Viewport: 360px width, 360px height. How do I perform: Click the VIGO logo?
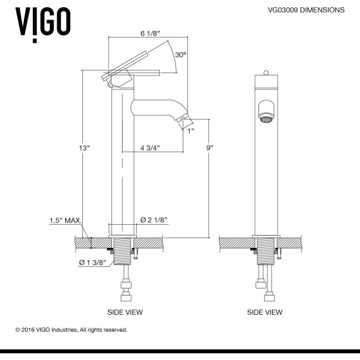pos(43,24)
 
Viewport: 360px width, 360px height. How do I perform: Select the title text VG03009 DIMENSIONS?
pos(306,10)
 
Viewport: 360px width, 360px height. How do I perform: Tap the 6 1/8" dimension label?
pos(150,33)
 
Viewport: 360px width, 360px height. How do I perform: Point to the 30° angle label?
pos(181,55)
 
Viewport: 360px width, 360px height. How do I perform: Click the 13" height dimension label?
pos(84,148)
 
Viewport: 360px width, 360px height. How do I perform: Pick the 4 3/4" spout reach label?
pos(150,148)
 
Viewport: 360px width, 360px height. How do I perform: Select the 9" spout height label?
pos(210,148)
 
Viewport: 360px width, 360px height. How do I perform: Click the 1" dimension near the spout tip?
pos(191,131)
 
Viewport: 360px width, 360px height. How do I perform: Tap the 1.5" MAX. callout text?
pos(66,221)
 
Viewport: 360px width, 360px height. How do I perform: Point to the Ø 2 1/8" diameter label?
pos(154,220)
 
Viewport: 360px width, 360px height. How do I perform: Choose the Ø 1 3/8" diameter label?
pos(93,262)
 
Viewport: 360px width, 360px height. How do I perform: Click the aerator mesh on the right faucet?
pos(266,119)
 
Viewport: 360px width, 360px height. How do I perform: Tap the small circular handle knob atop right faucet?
pos(266,73)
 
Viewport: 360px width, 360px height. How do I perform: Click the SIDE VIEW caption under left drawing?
pos(125,312)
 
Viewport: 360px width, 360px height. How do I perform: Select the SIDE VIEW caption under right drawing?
pos(265,312)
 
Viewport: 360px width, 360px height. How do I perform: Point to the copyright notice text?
pos(71,330)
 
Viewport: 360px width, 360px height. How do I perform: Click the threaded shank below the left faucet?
pos(122,251)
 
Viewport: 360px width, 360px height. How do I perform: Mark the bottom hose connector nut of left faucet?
pos(126,298)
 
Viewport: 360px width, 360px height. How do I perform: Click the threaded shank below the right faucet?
pos(266,251)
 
